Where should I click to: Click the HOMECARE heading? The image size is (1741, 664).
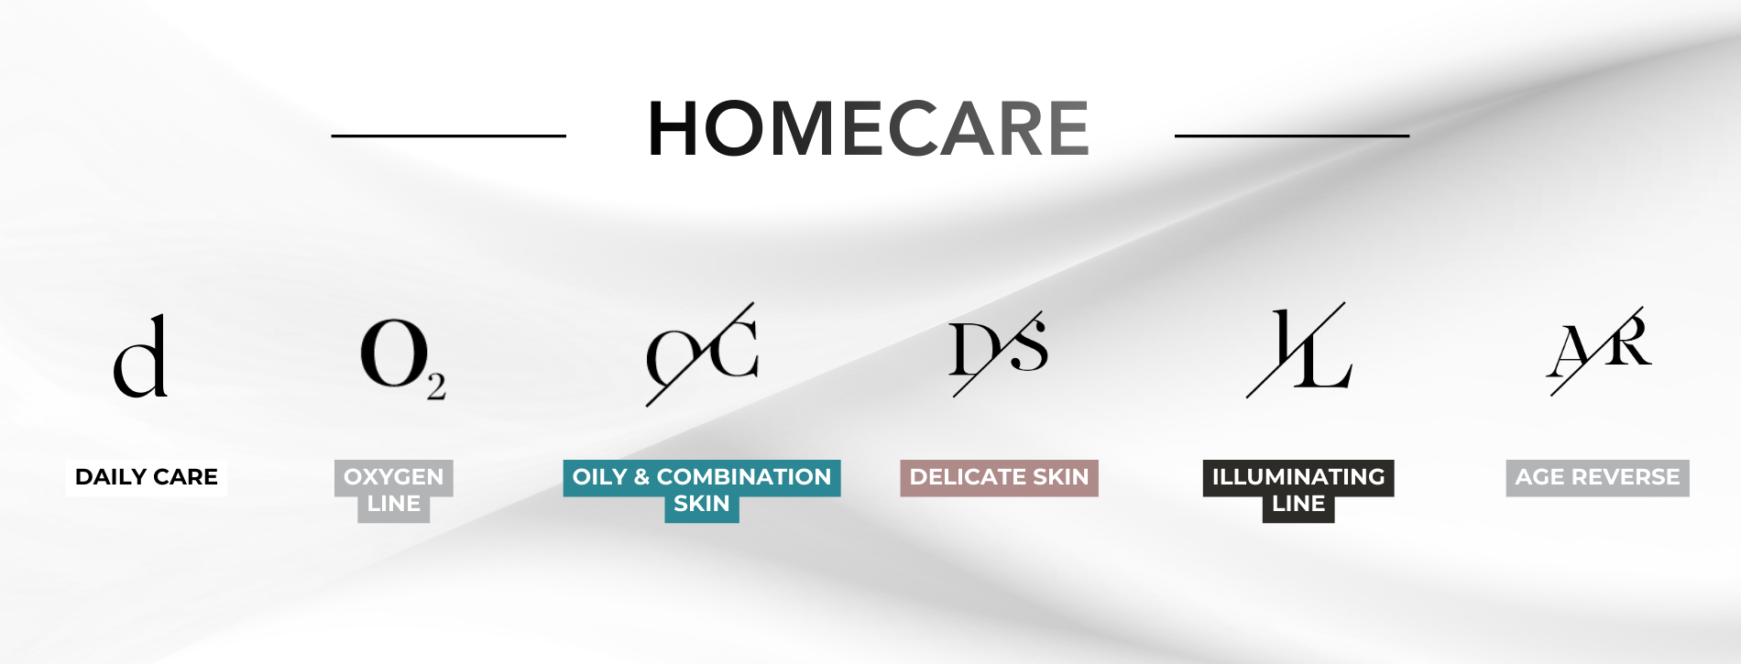click(869, 129)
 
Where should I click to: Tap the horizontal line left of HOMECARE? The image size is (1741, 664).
click(449, 136)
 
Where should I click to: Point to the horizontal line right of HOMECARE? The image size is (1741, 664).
click(1292, 136)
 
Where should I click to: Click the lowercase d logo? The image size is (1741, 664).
click(140, 355)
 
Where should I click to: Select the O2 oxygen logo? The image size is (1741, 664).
click(403, 358)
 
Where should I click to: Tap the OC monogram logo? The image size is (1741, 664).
click(702, 354)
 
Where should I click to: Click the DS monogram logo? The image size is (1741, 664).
click(999, 352)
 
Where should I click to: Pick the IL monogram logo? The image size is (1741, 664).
click(1298, 349)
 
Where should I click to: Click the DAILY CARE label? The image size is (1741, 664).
click(147, 477)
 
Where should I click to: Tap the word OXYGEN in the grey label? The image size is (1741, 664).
click(394, 477)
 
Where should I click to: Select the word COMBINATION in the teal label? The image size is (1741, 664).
click(744, 477)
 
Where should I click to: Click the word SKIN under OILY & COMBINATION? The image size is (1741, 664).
click(702, 504)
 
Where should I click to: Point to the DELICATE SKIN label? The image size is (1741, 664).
click(999, 477)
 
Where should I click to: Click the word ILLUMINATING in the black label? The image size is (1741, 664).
click(1298, 477)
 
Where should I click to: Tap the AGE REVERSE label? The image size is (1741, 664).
click(1597, 477)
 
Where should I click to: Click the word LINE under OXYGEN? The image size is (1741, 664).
click(394, 504)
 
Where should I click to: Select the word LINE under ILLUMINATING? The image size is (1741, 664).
click(1298, 504)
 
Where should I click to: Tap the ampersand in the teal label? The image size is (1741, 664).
click(641, 477)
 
